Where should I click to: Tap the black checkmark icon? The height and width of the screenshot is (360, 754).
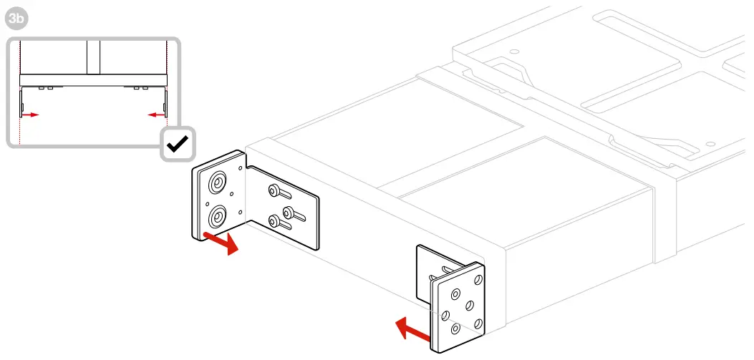click(177, 145)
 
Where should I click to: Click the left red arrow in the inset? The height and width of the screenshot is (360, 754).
click(30, 114)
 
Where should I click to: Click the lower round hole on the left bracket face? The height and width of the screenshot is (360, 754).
click(216, 216)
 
